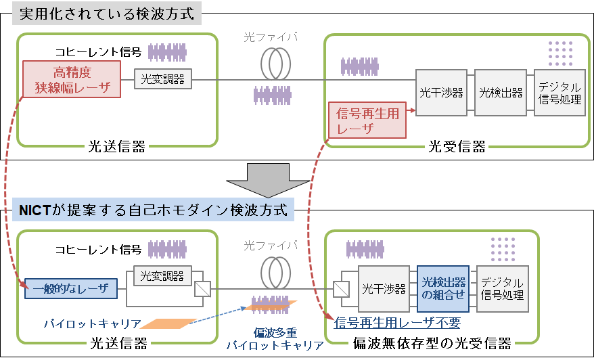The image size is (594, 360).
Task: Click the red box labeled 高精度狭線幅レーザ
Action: click(71, 79)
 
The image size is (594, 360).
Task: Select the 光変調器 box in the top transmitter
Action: click(162, 79)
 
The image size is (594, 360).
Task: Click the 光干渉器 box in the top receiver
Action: click(442, 93)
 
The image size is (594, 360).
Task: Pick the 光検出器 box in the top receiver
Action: click(501, 93)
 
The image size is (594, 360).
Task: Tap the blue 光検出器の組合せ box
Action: click(443, 288)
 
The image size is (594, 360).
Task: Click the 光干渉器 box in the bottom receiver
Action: click(384, 289)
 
